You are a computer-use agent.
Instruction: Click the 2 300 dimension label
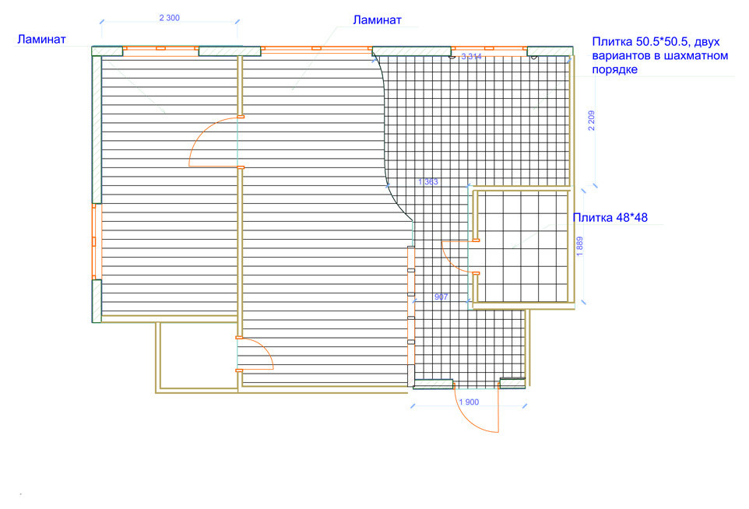170,18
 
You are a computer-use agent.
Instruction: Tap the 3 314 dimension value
472,57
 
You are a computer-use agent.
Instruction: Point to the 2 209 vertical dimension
592,121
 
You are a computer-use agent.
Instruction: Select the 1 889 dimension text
580,247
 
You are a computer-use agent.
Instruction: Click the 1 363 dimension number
428,182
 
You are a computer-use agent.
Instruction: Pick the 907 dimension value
441,297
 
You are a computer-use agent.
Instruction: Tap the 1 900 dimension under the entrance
469,402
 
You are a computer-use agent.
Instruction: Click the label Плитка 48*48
610,218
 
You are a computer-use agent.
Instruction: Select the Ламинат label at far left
41,39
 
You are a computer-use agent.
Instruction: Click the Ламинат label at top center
378,20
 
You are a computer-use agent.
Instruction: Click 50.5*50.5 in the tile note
663,41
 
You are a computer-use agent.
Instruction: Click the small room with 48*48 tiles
522,247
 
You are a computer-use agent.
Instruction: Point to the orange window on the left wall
94,241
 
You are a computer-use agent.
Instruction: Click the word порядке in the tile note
615,70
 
